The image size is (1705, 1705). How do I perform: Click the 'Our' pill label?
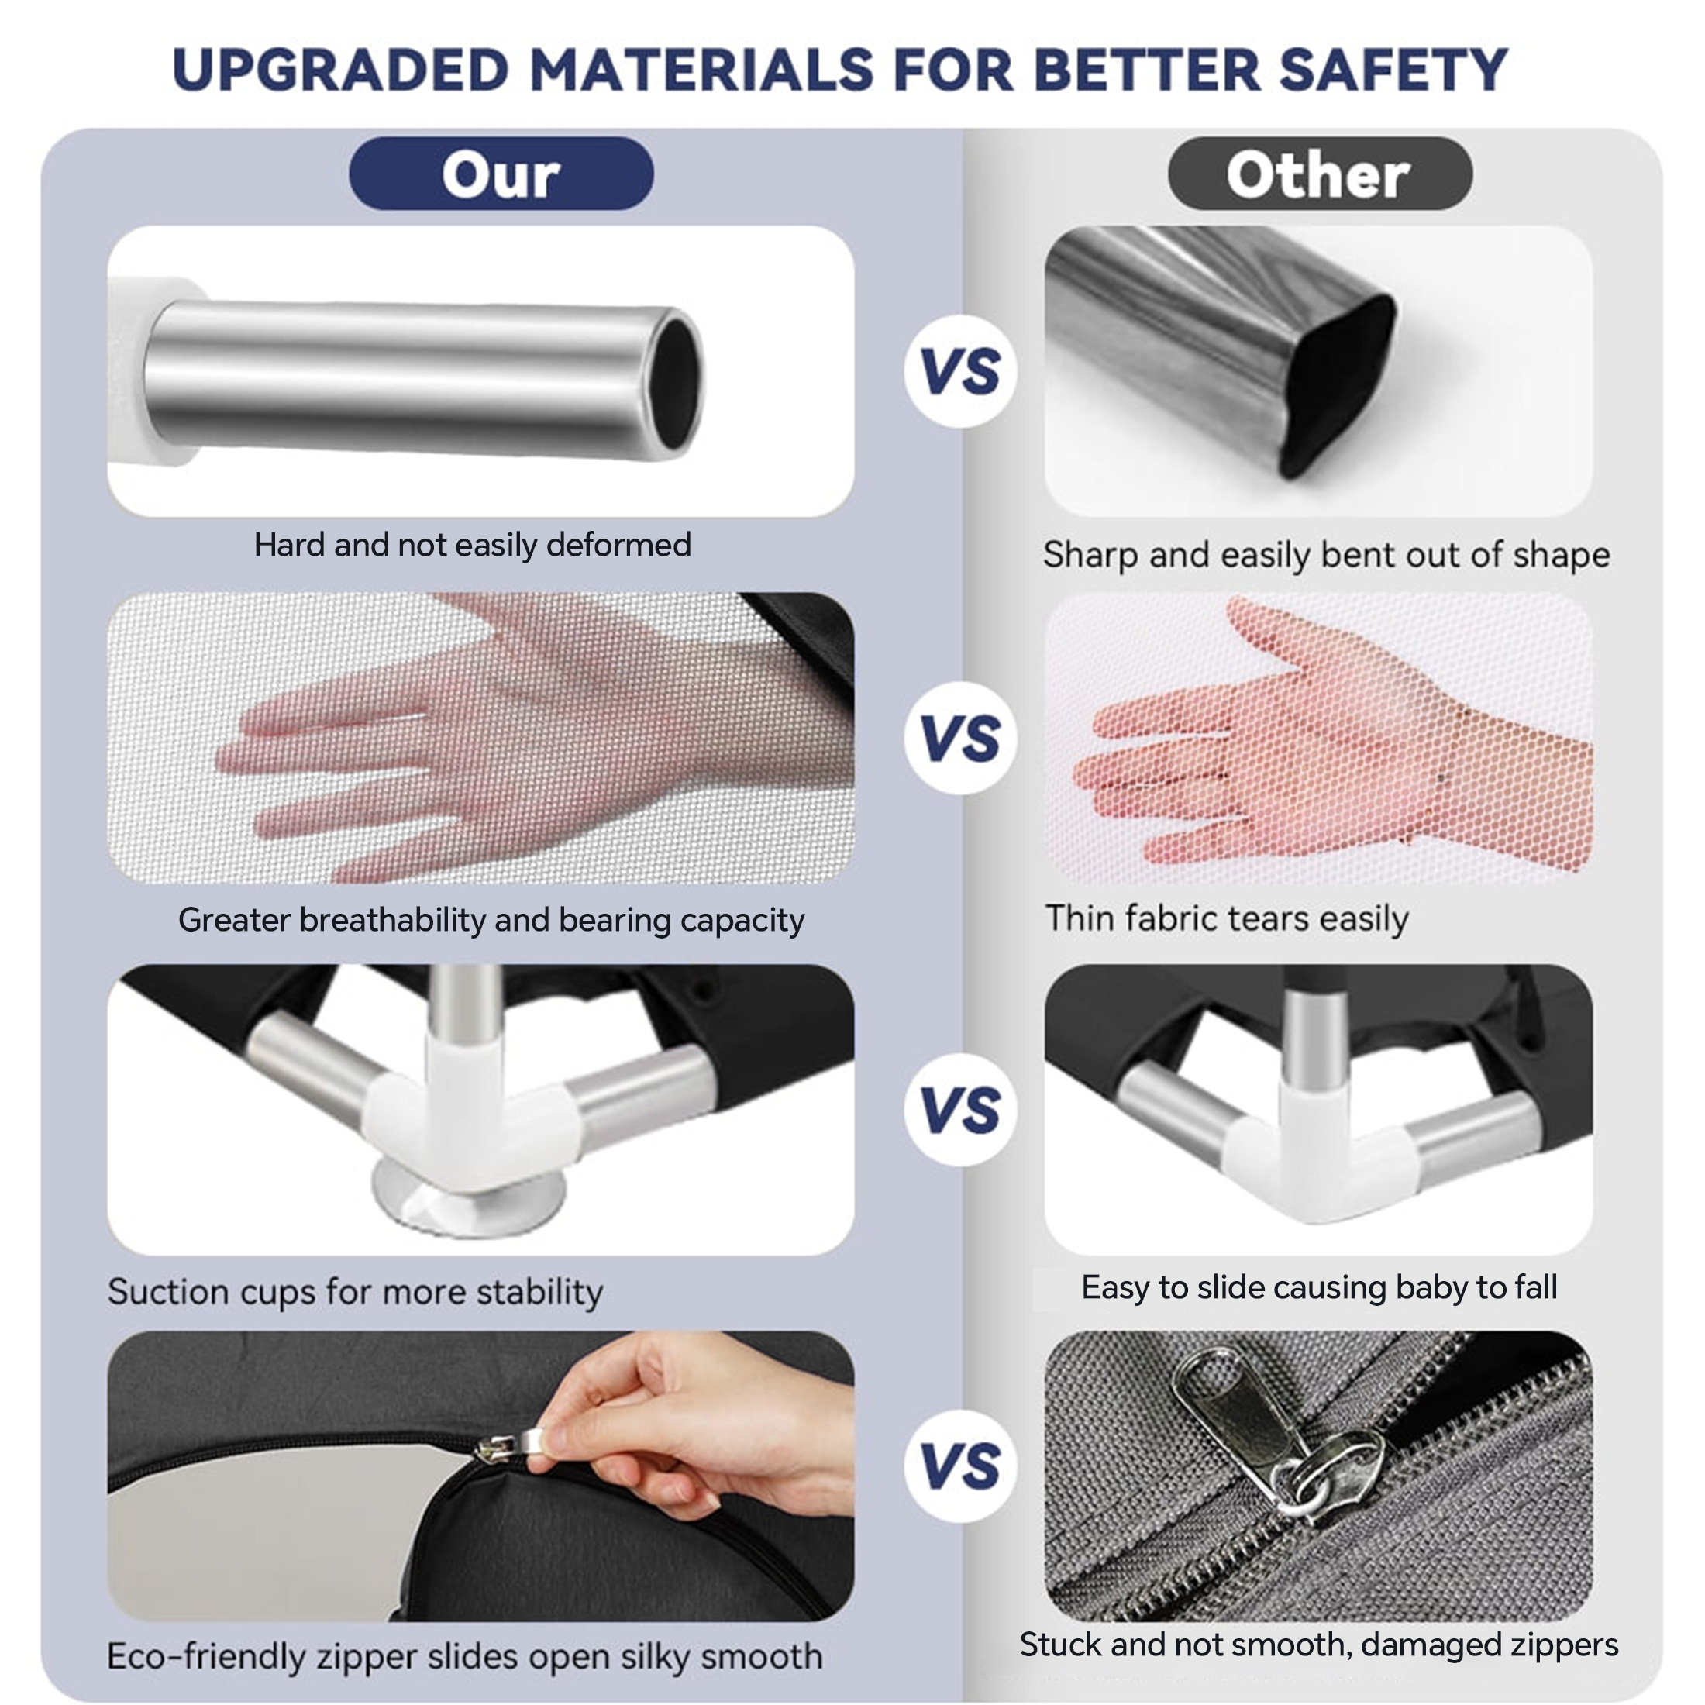[501, 173]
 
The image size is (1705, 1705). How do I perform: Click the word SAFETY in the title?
[1393, 70]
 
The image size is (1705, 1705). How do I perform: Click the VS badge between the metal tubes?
[960, 371]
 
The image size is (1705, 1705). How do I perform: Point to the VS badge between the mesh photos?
[960, 738]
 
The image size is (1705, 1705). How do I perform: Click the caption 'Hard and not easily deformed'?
[472, 545]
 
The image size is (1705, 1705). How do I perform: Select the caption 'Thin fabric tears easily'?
[1227, 918]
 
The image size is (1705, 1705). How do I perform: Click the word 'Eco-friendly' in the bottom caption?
[206, 1656]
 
